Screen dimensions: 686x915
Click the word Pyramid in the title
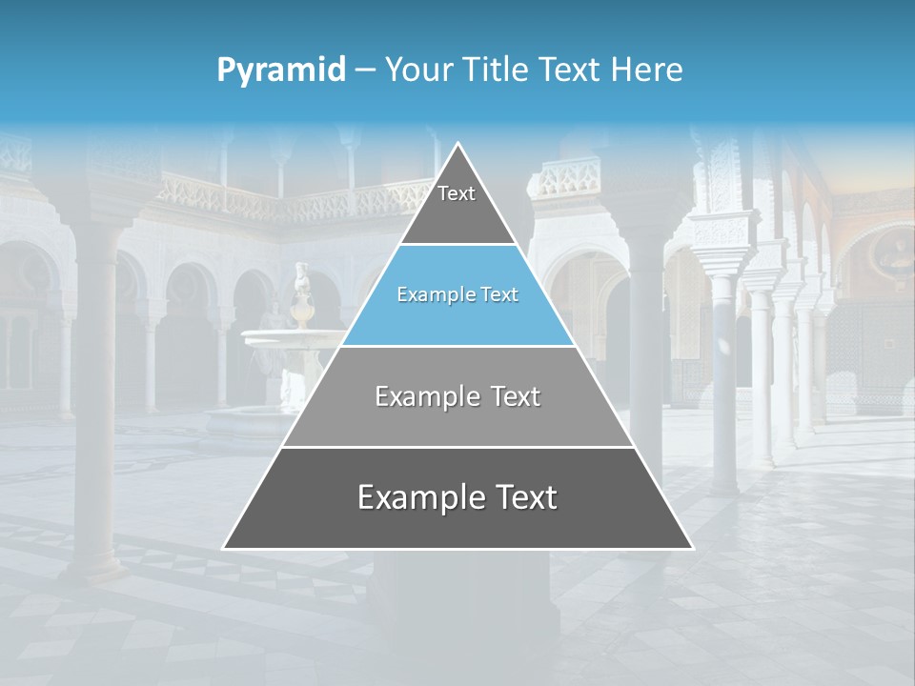click(281, 70)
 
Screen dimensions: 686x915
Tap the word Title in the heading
click(497, 70)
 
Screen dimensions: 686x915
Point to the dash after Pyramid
click(365, 71)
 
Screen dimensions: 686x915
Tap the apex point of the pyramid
click(458, 144)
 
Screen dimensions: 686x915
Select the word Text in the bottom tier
click(522, 497)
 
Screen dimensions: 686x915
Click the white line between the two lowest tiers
click(457, 447)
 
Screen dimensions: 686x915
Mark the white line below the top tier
click(457, 245)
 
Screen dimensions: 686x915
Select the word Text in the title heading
click(570, 70)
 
